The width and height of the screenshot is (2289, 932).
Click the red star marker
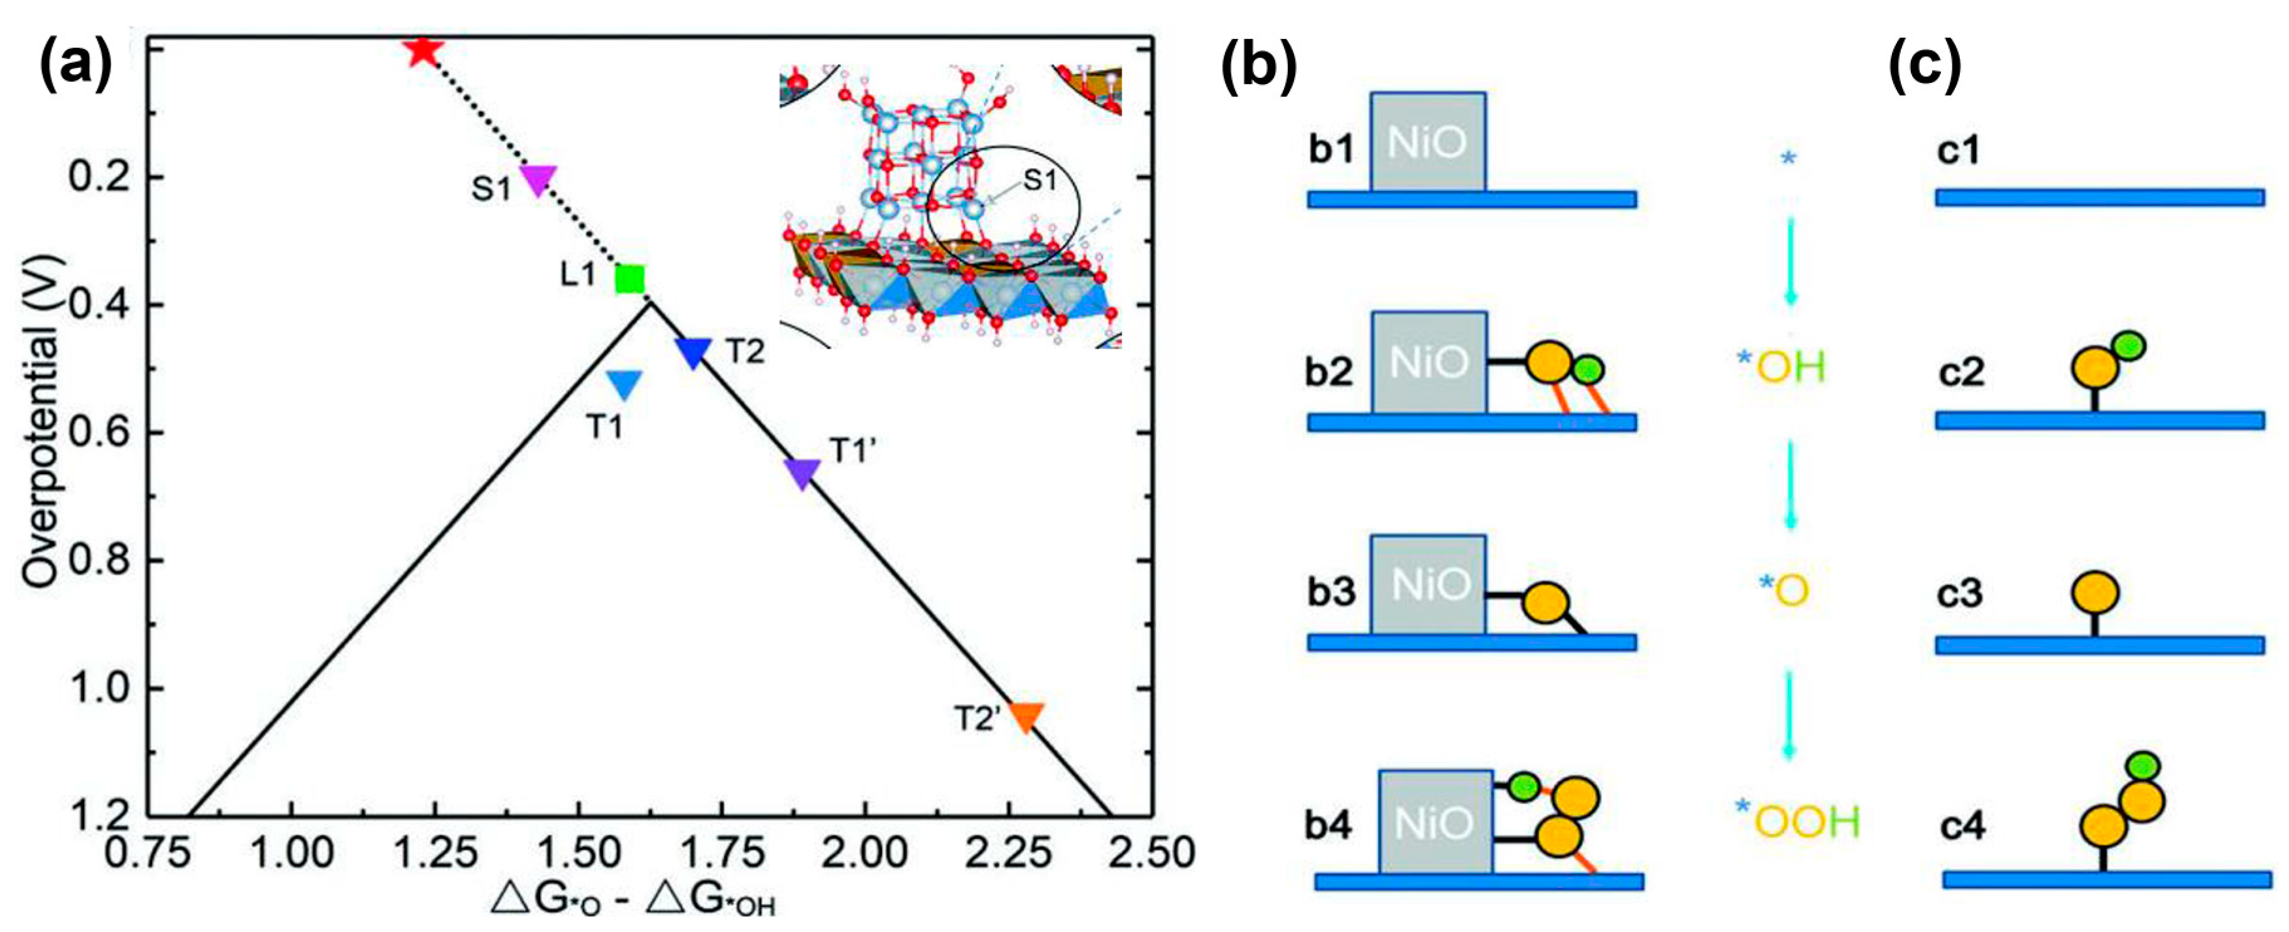422,51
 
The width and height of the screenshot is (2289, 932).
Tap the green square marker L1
630,279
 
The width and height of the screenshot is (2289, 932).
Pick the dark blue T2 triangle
693,351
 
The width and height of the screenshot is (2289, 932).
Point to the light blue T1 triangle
624,384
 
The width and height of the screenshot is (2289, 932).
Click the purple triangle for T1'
802,473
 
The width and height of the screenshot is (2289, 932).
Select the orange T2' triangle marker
1026,716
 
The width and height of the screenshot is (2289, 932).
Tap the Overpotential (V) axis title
40,421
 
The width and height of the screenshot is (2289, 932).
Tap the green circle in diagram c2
2128,345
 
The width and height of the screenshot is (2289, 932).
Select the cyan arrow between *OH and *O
1790,484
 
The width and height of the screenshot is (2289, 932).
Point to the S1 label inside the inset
1040,180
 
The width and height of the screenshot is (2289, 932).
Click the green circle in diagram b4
1524,786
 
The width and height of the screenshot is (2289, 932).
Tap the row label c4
1961,827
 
